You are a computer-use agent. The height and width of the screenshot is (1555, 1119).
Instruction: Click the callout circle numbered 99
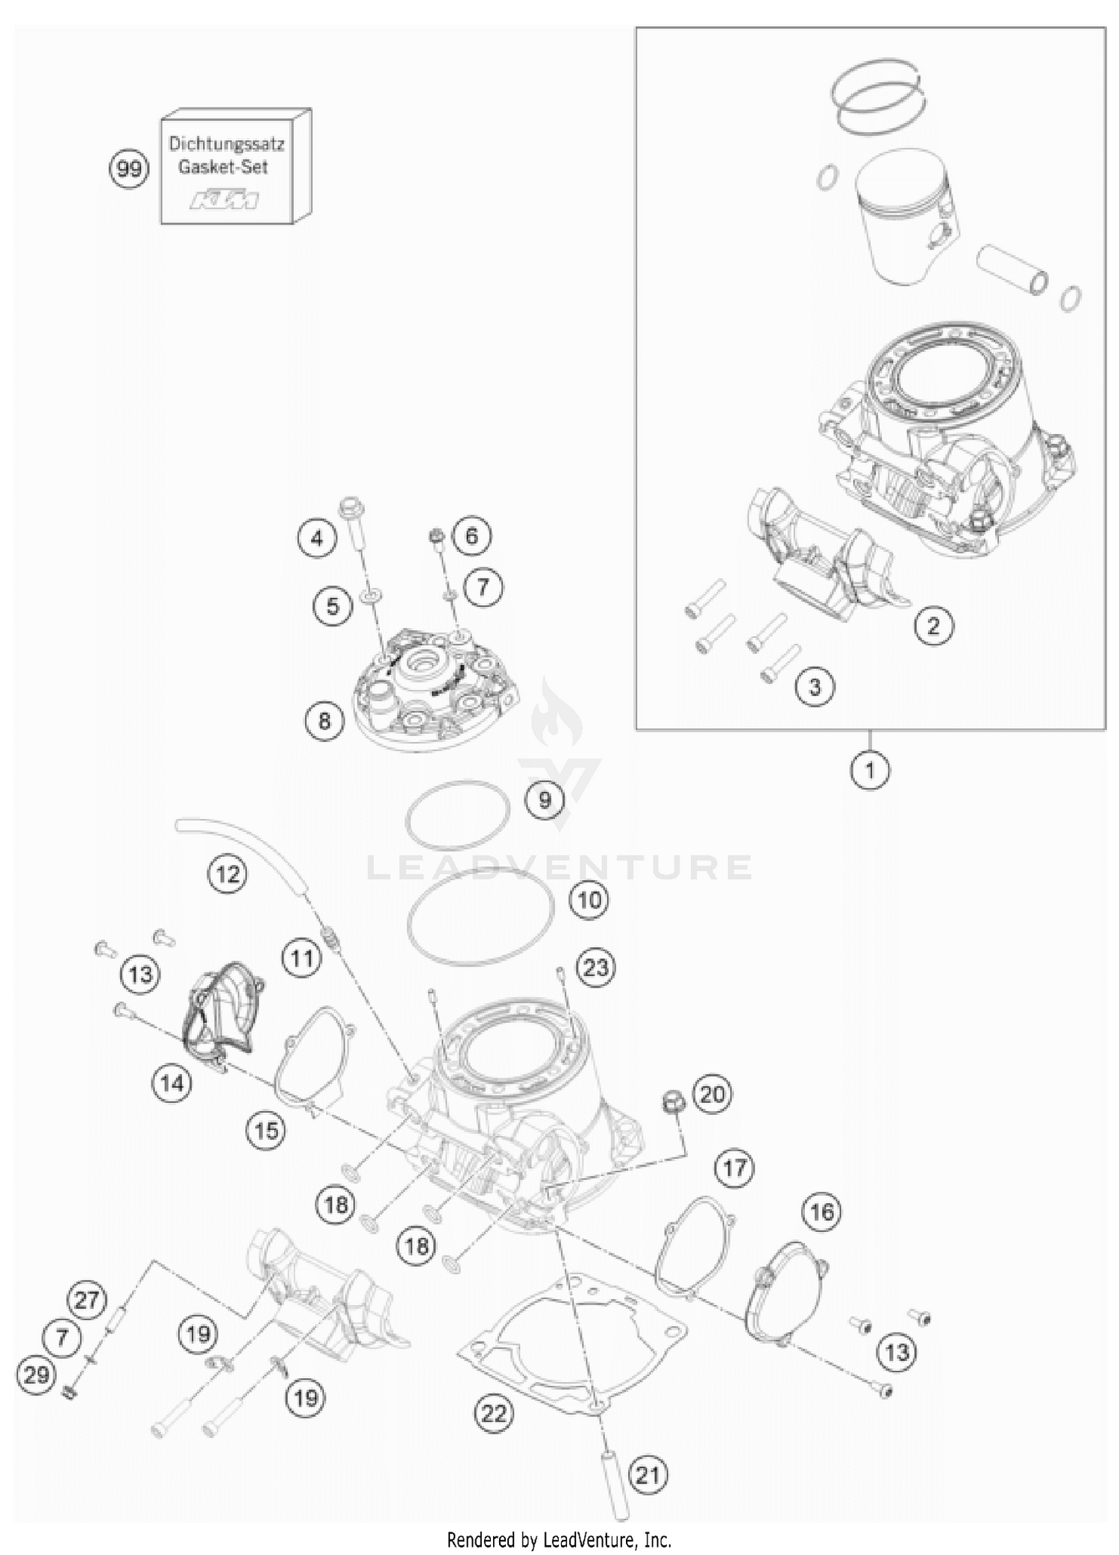[129, 169]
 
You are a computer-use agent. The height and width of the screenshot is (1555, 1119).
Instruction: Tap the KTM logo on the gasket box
[225, 200]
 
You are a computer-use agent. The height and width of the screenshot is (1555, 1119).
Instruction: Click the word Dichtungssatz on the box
[226, 143]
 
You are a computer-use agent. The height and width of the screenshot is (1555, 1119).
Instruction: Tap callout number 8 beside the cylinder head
[325, 720]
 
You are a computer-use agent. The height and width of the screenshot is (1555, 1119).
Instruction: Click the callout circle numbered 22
[494, 1413]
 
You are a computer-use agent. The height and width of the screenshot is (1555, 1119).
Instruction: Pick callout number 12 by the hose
[228, 873]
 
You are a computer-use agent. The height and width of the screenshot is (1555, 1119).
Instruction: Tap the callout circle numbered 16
[821, 1212]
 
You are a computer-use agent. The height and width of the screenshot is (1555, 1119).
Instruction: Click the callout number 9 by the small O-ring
[545, 800]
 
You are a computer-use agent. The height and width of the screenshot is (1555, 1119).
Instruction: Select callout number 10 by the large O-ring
[589, 900]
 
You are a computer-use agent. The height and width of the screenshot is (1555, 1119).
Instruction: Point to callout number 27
[87, 1300]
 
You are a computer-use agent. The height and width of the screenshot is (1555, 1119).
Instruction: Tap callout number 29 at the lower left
[37, 1374]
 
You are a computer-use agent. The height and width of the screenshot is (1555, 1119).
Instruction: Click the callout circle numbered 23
[595, 968]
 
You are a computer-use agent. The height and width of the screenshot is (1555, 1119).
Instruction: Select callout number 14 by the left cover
[172, 1082]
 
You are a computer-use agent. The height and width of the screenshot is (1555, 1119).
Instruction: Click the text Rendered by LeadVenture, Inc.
[559, 1539]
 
